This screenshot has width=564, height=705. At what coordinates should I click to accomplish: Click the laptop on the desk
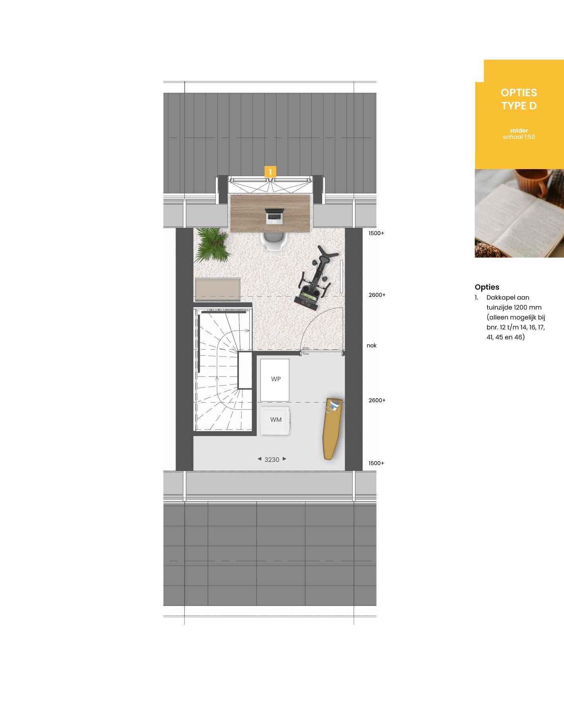275,216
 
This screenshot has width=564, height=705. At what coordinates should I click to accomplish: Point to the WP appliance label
276,379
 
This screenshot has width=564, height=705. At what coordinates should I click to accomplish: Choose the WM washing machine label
276,420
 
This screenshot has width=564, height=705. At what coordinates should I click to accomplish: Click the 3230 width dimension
272,460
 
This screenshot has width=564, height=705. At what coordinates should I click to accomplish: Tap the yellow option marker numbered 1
270,172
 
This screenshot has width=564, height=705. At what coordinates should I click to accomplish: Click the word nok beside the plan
371,345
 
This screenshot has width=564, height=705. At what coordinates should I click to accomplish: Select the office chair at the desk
274,241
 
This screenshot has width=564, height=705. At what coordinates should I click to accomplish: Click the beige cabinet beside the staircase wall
217,289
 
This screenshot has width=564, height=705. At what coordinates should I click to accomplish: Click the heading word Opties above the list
487,287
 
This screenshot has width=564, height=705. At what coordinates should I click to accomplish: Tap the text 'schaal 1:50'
519,137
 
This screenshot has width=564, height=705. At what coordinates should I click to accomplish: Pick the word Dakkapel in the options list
498,298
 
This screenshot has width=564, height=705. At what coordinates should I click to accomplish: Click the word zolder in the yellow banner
519,130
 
